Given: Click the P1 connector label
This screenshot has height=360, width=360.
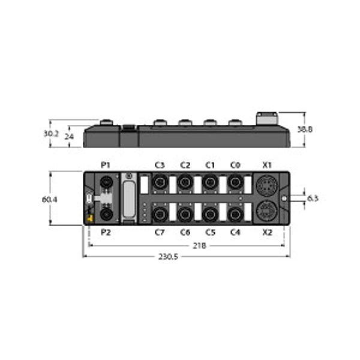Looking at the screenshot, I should [106, 165].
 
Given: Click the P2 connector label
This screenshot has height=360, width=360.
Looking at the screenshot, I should [106, 232].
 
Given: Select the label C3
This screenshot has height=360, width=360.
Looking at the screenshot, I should [160, 165].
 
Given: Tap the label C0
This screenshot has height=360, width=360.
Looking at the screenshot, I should [235, 165].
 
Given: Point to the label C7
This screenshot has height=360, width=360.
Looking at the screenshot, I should [160, 232].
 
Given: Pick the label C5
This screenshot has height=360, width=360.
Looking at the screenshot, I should [210, 232].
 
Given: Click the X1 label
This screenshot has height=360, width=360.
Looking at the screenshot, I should [268, 165].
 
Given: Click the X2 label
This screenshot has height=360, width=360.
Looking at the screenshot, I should [268, 232].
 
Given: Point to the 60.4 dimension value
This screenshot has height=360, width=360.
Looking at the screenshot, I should [50, 199].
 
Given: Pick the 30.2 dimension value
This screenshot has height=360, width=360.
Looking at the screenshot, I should [51, 134].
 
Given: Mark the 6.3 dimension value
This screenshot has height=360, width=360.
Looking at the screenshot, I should [313, 198].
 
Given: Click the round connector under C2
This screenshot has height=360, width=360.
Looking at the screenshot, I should [185, 181].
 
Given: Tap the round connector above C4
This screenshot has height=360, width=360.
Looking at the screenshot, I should [235, 213].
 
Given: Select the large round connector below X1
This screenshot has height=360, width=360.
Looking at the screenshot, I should [266, 185].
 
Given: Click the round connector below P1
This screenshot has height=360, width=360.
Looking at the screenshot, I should [106, 182].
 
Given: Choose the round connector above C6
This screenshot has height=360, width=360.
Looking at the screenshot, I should [185, 213].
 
